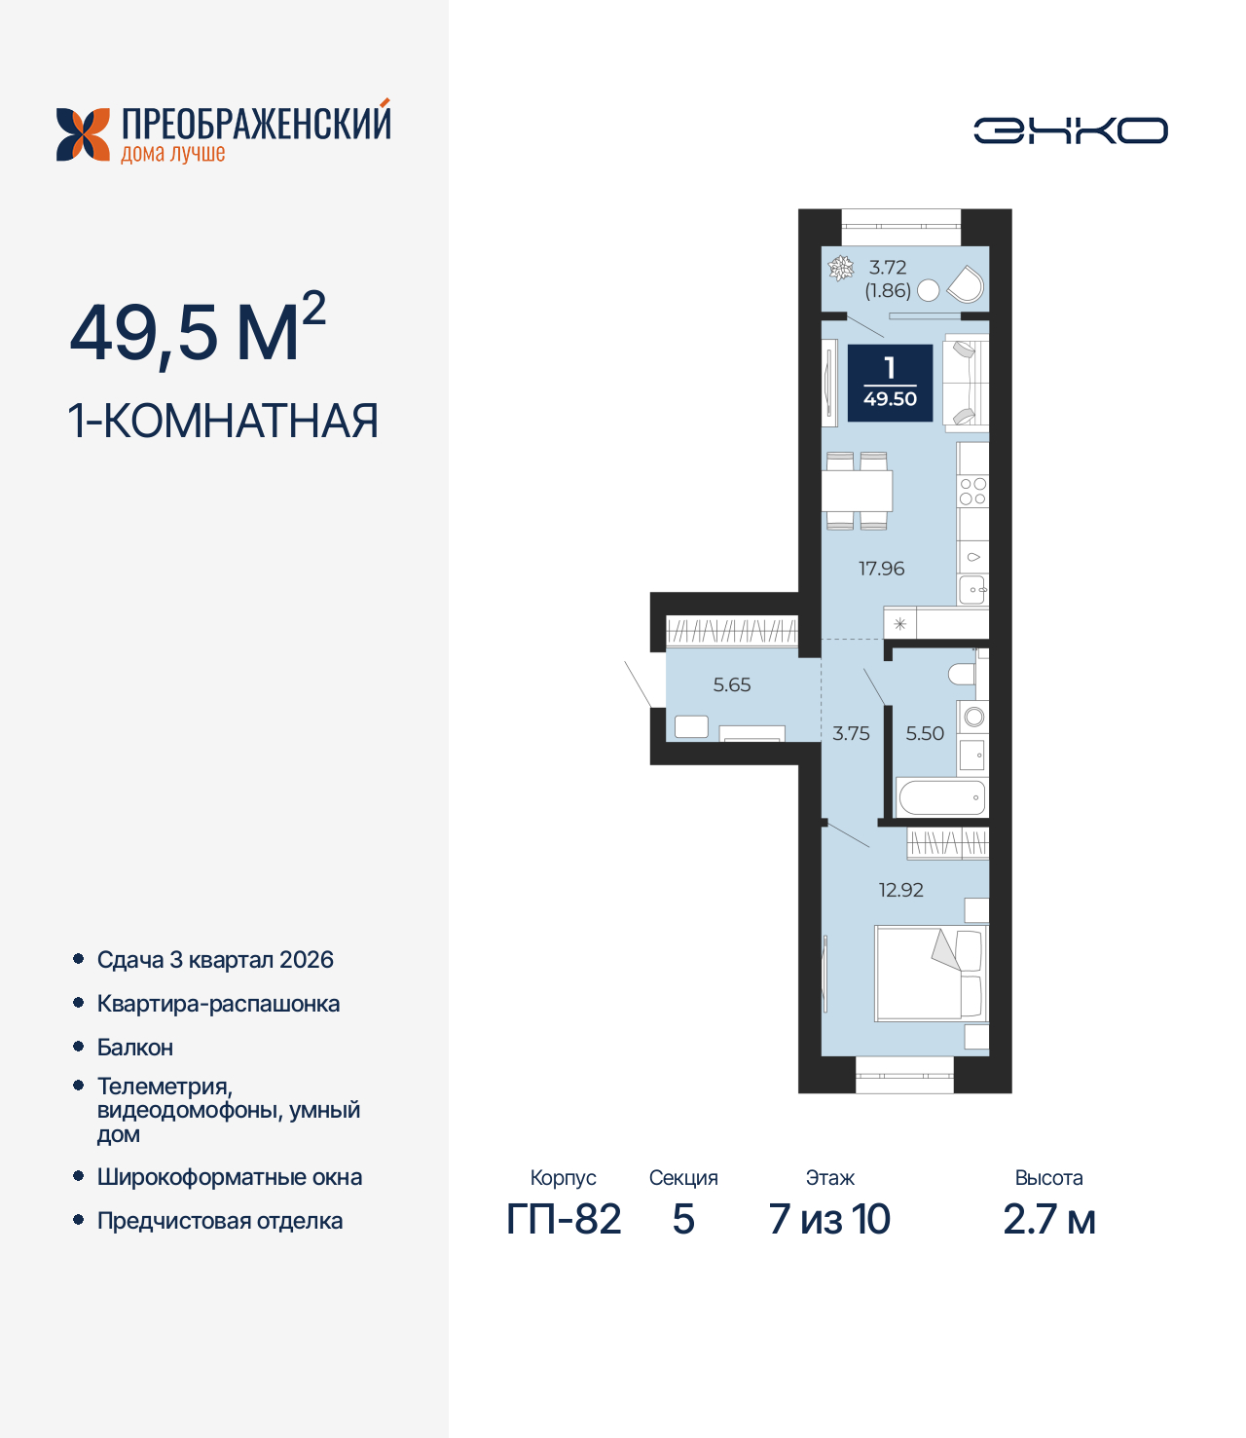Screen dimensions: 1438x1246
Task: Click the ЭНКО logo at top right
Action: (1070, 130)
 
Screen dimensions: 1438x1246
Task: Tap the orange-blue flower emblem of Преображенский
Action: (83, 134)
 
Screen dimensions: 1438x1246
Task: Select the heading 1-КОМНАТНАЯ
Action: (223, 422)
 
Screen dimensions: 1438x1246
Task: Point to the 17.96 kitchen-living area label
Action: (881, 569)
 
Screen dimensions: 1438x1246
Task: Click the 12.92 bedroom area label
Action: (900, 890)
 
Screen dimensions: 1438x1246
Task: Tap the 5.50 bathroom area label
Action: (925, 734)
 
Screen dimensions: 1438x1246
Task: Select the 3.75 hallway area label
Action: (851, 734)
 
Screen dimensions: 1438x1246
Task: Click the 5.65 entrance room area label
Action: (732, 685)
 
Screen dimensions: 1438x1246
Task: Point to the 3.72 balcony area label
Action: (888, 268)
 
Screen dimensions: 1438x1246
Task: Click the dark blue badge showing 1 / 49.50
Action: (890, 384)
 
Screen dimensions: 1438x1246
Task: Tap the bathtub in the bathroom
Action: (941, 798)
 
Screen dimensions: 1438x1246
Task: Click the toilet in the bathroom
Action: (962, 674)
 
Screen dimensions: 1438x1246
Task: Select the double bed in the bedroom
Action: (931, 974)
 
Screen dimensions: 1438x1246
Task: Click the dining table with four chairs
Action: (857, 491)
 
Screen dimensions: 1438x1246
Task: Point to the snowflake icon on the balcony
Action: (840, 268)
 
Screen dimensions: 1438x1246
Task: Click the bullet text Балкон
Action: (135, 1048)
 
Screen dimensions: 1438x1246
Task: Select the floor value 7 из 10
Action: (829, 1219)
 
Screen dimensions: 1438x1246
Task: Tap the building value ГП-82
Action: (564, 1219)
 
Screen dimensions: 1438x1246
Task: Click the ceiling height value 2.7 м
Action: (1049, 1219)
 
